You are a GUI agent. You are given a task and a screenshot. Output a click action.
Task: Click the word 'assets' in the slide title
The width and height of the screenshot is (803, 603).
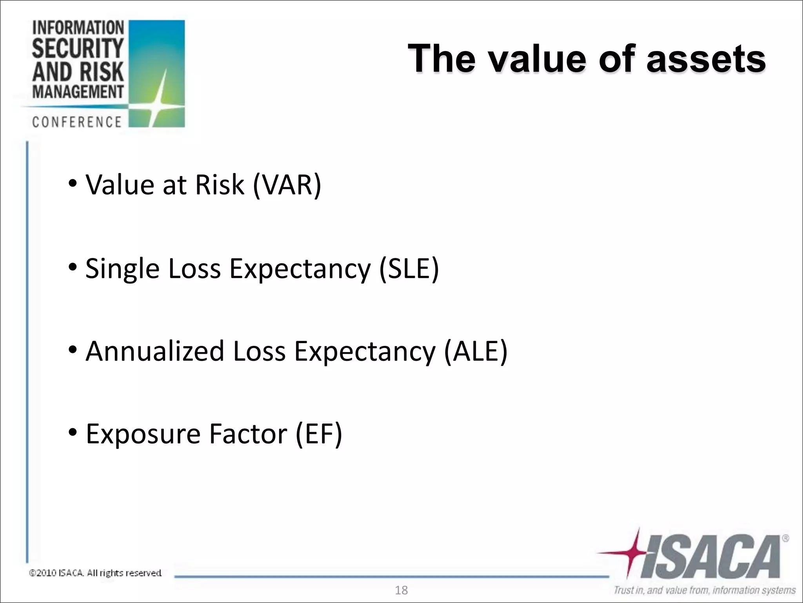[x=705, y=59]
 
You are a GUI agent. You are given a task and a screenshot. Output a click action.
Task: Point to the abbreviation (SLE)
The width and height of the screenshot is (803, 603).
[x=409, y=269]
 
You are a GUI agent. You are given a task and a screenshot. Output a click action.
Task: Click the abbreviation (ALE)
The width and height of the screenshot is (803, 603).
[x=476, y=351]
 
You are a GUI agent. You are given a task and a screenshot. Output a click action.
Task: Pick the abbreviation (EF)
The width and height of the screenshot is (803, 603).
[x=319, y=434]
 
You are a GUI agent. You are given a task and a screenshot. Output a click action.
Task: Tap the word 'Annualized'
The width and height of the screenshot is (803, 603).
[x=155, y=351]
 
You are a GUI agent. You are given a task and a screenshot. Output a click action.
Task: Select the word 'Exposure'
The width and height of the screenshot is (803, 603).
[x=143, y=434]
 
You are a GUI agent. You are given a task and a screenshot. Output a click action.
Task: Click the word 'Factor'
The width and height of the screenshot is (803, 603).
[x=248, y=434]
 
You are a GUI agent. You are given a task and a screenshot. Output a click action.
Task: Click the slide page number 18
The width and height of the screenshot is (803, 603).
[x=401, y=590]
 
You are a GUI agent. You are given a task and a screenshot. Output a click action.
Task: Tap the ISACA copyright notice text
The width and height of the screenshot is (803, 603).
[x=95, y=573]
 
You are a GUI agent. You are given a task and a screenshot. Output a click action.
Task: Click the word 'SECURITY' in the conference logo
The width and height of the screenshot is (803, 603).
[x=78, y=49]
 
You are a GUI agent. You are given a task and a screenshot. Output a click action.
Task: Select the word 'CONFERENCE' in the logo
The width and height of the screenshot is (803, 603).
[x=77, y=122]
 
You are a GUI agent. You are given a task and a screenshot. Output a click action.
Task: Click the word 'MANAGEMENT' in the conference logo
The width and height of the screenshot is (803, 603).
[x=78, y=92]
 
